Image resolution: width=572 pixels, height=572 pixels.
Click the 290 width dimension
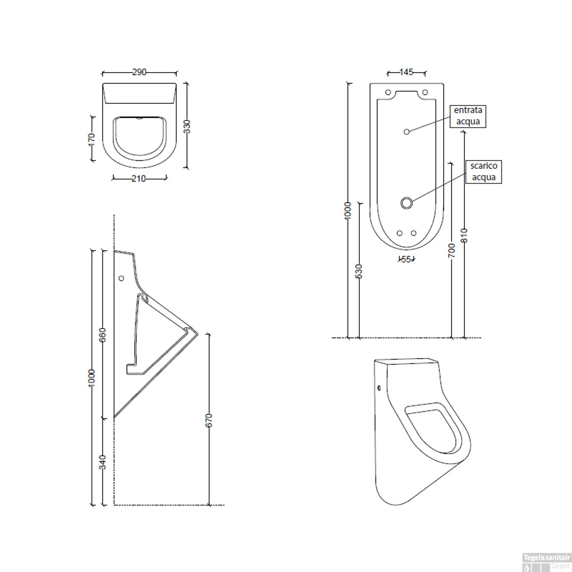tap(139, 72)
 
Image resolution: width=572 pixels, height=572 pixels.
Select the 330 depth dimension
tap(187, 126)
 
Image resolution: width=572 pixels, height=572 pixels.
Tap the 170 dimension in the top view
tap(92, 139)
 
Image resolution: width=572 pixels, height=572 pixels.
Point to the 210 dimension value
tap(139, 178)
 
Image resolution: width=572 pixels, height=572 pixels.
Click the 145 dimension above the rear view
tap(407, 72)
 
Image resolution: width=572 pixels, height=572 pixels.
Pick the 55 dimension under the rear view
tap(407, 260)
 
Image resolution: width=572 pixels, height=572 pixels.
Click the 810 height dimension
tap(464, 236)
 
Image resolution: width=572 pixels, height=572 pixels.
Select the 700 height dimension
tap(451, 251)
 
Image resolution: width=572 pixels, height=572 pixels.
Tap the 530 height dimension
tap(359, 271)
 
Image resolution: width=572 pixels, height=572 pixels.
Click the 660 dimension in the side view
tap(103, 335)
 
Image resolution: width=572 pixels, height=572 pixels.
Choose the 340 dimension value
tap(103, 462)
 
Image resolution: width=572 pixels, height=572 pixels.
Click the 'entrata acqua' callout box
tap(468, 116)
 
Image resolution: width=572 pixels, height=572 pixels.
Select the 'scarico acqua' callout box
tap(484, 172)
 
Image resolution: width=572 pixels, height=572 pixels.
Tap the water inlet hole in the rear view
tap(407, 132)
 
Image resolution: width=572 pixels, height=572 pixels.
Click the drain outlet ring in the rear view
tap(407, 203)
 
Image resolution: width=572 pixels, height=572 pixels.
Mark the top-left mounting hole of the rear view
tap(388, 92)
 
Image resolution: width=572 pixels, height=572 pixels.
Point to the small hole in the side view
tap(122, 278)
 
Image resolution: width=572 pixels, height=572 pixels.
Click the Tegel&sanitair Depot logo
tap(546, 562)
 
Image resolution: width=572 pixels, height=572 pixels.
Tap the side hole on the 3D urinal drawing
tap(379, 388)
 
